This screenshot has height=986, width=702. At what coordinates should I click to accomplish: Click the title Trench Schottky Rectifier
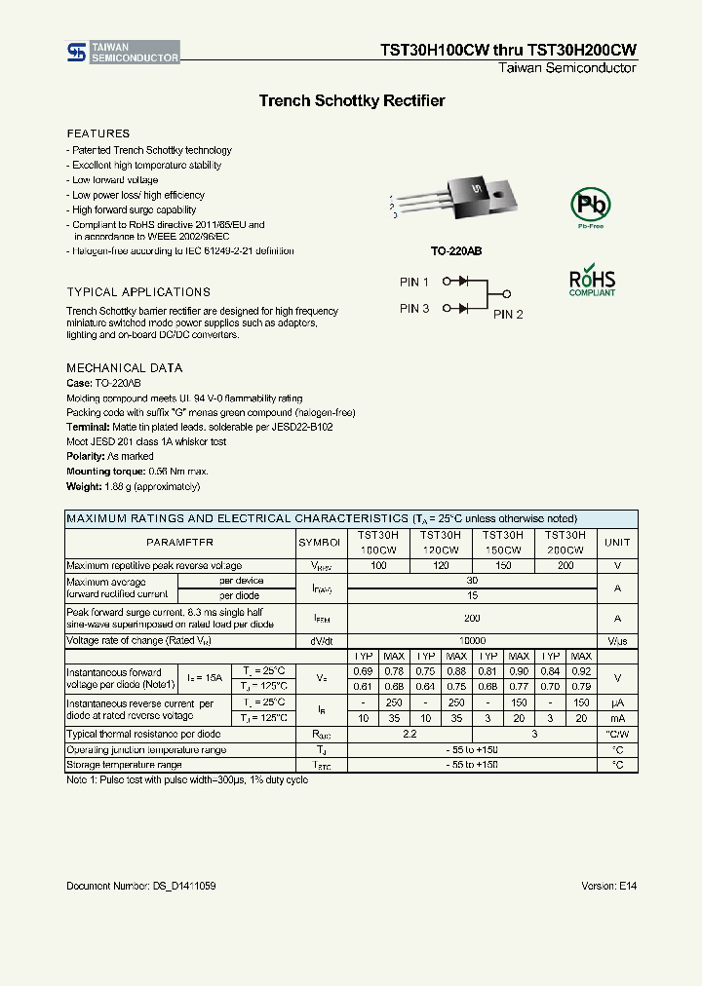pos(351,100)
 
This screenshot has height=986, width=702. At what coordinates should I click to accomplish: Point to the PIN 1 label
pos(414,282)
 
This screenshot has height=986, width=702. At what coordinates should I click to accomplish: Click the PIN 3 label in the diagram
pos(414,308)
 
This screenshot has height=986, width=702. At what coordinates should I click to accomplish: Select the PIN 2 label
pos(508,314)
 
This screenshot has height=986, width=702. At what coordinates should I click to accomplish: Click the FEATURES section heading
pos(97,133)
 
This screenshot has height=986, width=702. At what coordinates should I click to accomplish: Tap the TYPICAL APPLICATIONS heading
pos(137,292)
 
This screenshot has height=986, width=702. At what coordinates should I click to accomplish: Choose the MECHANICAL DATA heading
pos(124,368)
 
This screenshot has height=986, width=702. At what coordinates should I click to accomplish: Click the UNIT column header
pos(617,543)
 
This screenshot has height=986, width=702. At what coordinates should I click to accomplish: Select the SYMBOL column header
pos(320,543)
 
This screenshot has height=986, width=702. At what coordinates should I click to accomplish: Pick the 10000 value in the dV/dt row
pos(472,641)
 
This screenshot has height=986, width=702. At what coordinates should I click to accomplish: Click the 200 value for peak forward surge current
pos(472,618)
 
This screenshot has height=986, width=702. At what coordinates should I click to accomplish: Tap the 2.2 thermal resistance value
pos(409,734)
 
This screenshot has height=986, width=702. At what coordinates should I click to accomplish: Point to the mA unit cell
pos(617,718)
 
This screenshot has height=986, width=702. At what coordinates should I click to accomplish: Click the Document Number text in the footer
pos(141,886)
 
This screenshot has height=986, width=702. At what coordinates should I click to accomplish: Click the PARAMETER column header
pos(179,543)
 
